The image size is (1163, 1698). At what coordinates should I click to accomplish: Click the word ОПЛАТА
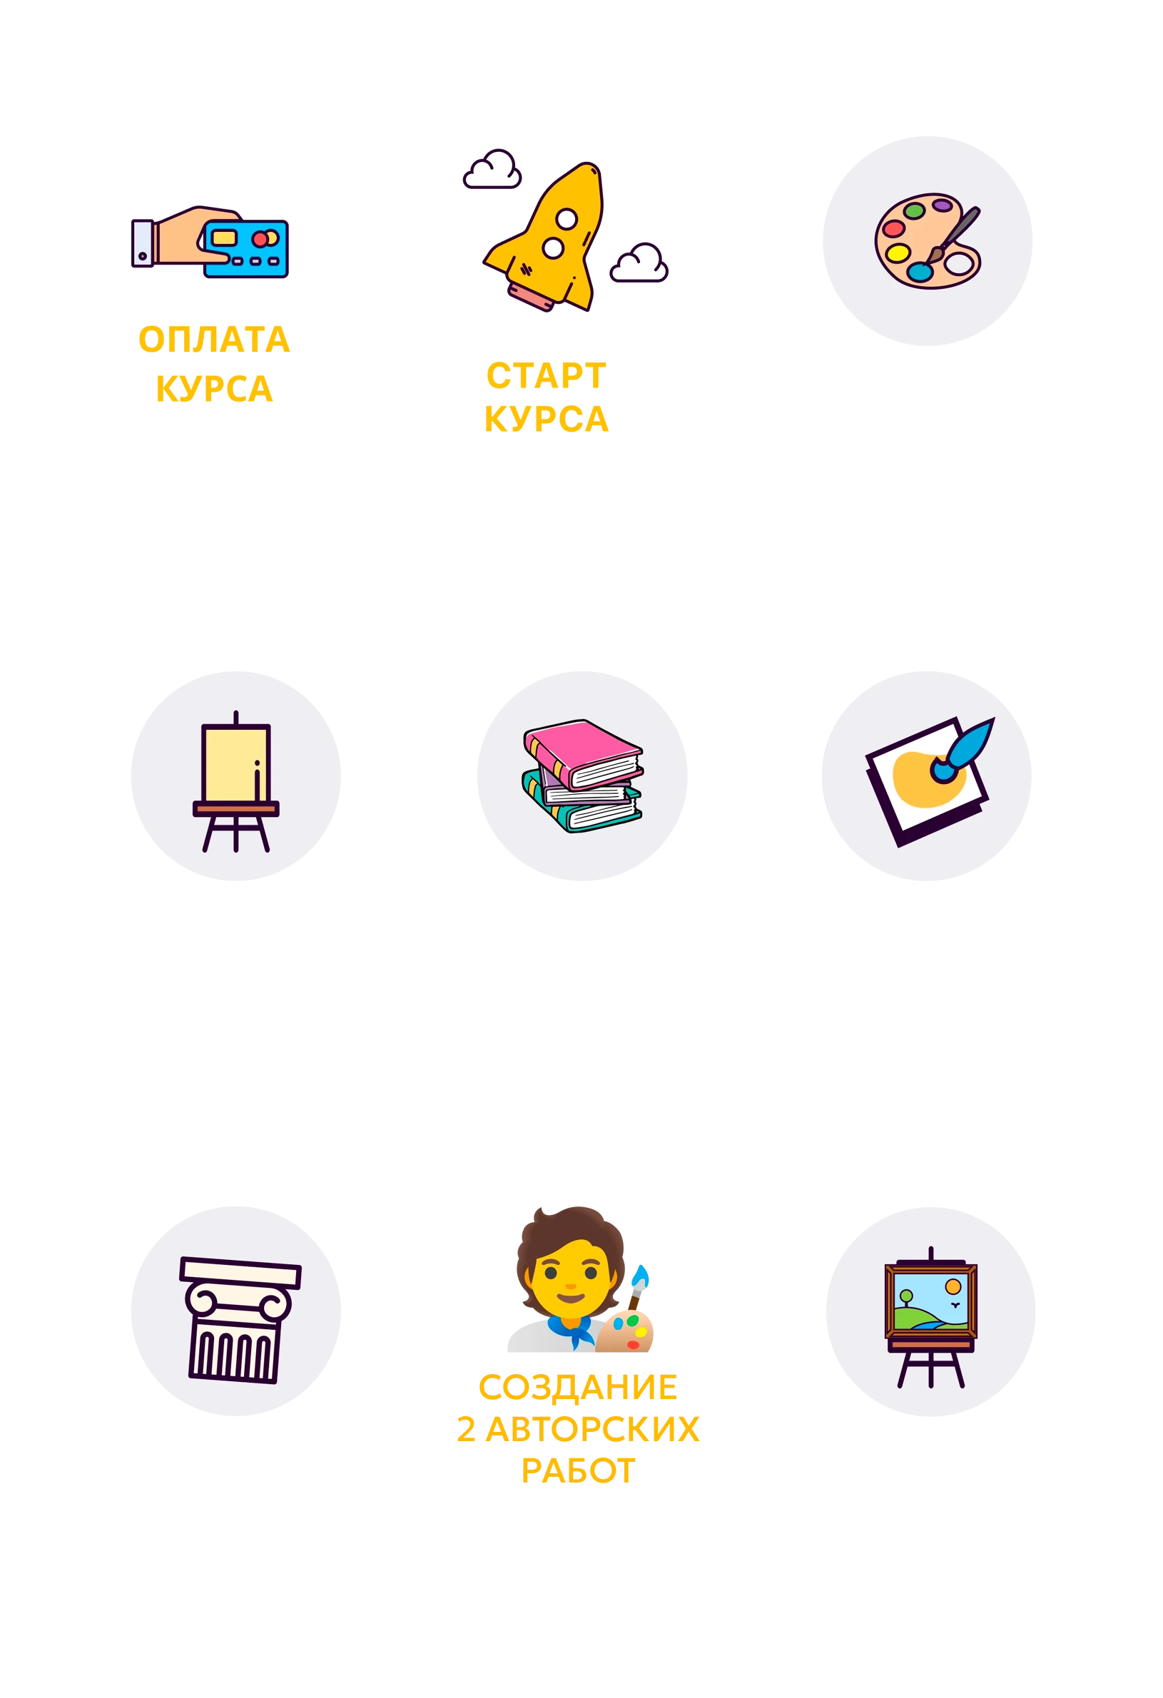pos(213,340)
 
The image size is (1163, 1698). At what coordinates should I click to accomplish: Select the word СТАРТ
pos(547,375)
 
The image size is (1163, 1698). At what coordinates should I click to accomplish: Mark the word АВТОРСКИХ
pos(592,1429)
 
